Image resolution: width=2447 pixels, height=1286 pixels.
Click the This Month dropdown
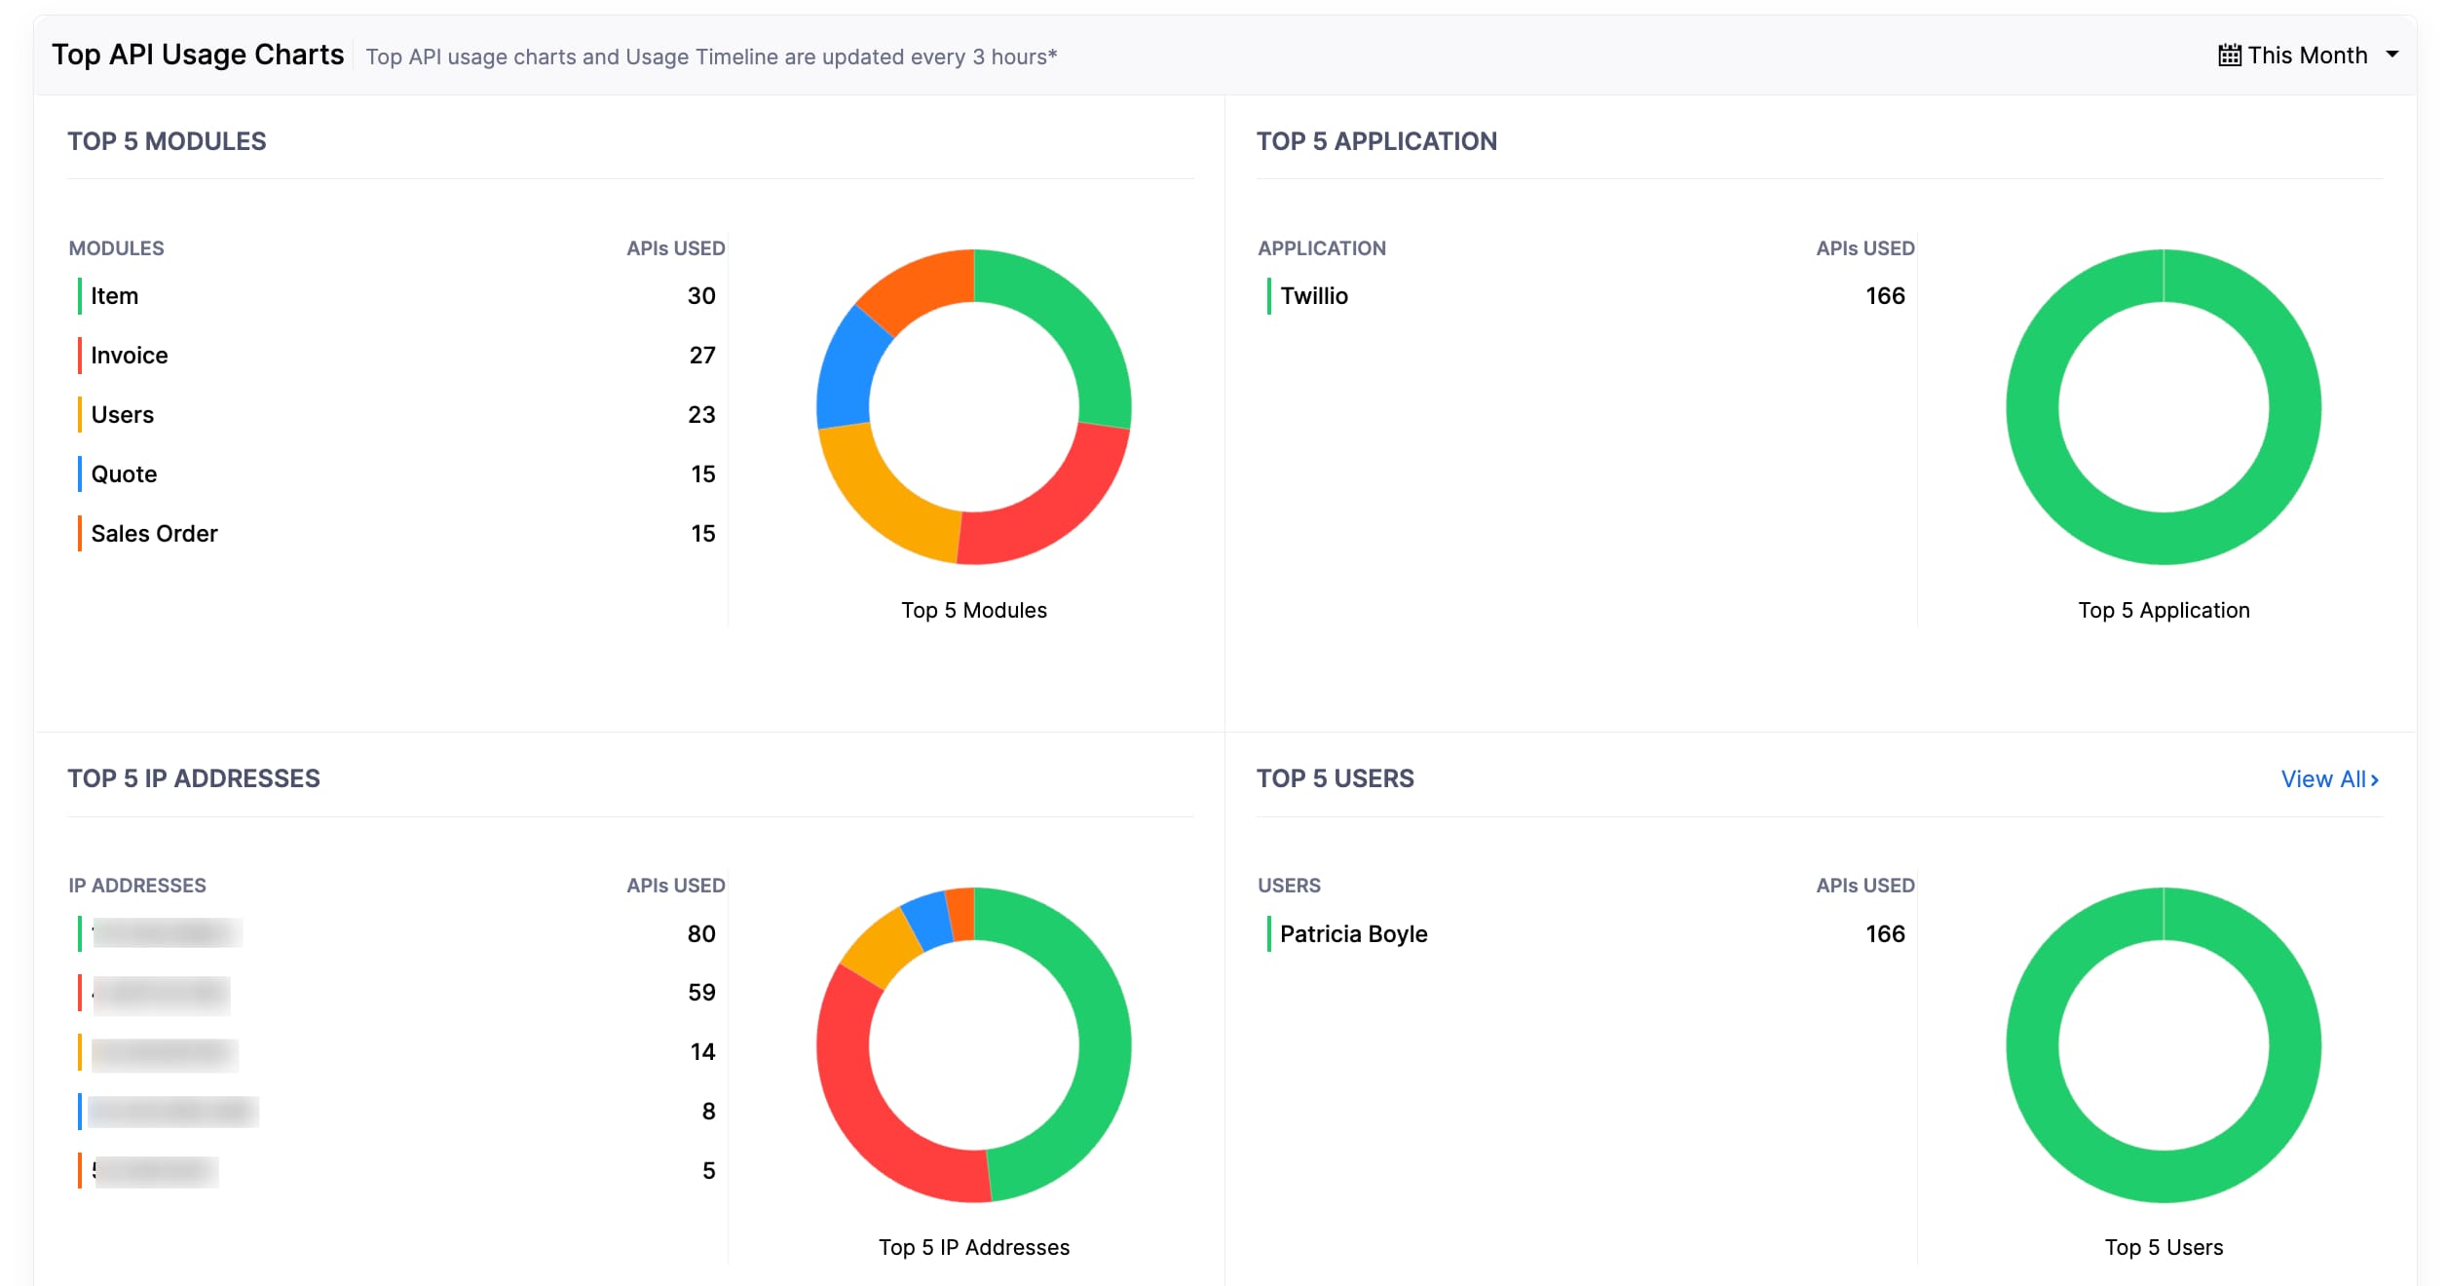[x=2307, y=56]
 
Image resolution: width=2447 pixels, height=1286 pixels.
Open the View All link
[x=2329, y=779]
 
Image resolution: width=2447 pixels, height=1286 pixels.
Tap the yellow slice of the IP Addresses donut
[x=878, y=945]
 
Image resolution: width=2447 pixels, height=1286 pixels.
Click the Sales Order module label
[x=154, y=534]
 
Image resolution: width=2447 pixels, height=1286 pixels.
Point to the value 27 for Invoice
[x=701, y=356]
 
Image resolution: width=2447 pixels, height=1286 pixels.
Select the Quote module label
[x=124, y=474]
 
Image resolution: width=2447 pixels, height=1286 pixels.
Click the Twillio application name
[x=1313, y=296]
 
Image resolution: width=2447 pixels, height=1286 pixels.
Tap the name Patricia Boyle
[x=1353, y=934]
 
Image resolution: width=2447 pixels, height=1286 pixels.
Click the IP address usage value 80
[x=700, y=934]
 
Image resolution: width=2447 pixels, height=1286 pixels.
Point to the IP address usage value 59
[x=700, y=993]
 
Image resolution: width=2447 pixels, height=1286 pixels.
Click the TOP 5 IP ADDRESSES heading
[x=194, y=778]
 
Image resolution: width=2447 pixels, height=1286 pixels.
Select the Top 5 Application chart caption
[x=2163, y=611]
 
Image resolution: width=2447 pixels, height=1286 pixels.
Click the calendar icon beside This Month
[x=2229, y=56]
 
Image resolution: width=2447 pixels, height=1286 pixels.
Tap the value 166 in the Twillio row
[x=1884, y=296]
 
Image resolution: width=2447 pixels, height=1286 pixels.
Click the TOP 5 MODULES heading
[x=167, y=141]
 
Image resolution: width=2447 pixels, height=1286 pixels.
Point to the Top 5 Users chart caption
[x=2163, y=1248]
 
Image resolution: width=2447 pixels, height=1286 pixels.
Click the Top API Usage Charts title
[x=198, y=55]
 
